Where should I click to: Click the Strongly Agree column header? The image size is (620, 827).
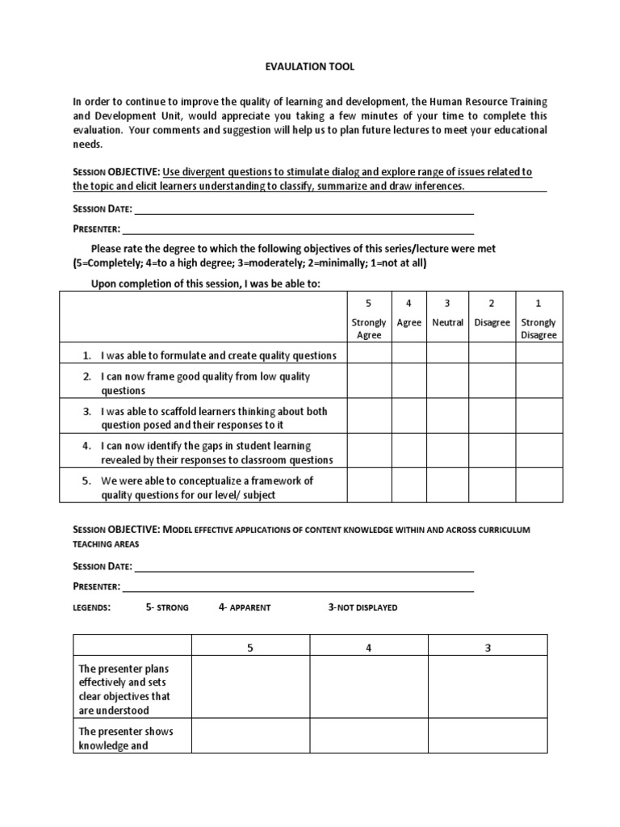369,321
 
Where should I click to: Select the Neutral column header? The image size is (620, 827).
447,322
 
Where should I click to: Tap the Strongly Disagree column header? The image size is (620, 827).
538,321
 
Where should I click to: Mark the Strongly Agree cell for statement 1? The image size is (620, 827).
369,355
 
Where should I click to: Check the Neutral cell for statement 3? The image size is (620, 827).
447,418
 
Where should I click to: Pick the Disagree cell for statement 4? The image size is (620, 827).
492,452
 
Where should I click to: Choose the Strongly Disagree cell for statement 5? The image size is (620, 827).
538,487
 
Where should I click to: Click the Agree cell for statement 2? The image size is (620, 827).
408,383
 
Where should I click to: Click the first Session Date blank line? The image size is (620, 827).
304,210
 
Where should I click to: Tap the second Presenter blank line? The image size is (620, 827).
298,587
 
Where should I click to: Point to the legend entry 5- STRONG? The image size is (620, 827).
167,607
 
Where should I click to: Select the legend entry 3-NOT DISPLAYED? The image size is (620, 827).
362,607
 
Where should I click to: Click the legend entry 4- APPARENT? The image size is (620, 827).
245,607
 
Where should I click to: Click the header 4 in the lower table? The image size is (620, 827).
369,648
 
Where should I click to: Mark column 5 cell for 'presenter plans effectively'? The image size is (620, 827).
250,690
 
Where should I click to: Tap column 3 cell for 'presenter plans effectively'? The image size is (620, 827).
488,690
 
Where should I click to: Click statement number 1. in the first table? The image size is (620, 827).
88,355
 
